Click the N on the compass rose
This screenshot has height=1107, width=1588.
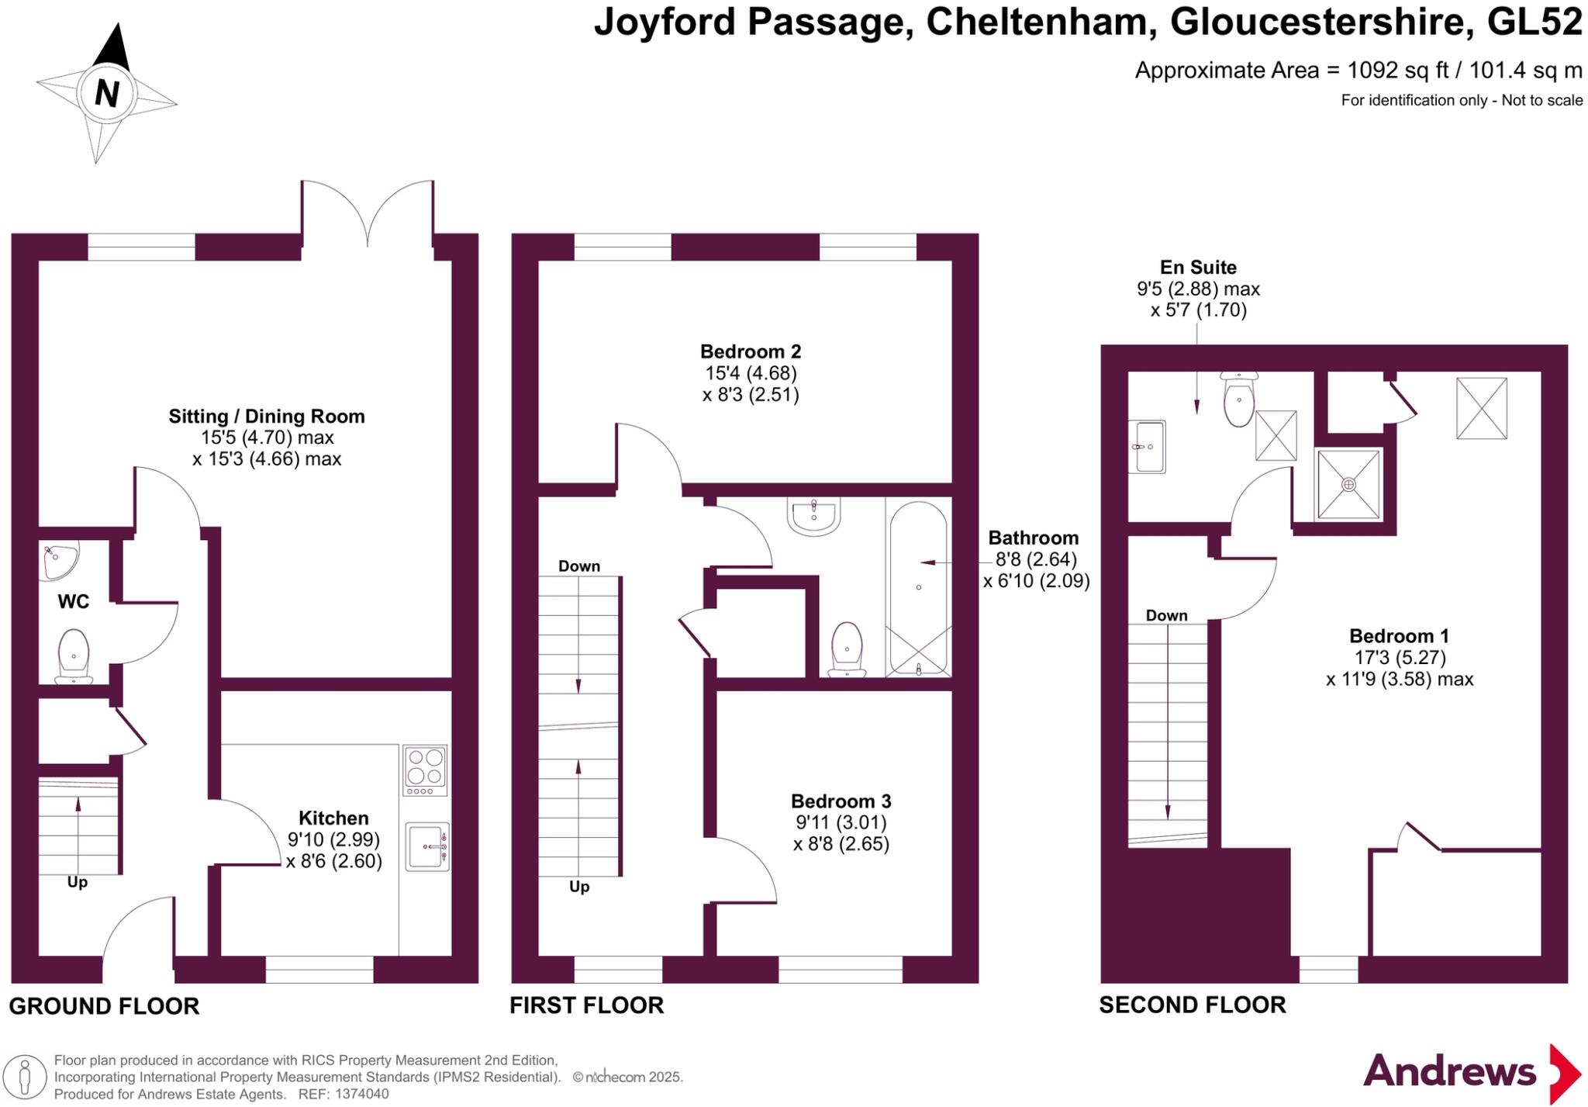107,94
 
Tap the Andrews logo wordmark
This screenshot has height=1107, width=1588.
1449,1071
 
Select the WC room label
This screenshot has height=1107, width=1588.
74,601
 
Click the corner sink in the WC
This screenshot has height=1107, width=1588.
59,561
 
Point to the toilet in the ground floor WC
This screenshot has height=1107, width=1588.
74,656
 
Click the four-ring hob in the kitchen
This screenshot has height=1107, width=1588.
425,770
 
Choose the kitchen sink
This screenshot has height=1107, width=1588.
427,846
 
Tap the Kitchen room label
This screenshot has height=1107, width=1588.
333,818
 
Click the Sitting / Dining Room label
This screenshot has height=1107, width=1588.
267,417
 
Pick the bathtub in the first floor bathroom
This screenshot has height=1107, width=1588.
919,588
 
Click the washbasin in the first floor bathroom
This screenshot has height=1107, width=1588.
813,516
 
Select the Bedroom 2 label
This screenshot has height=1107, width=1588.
751,351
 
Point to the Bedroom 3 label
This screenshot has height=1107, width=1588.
841,801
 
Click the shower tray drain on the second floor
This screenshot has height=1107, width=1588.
1349,484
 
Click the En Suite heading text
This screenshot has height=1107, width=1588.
1198,268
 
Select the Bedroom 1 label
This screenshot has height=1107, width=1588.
1399,636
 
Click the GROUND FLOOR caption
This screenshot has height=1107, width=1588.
104,1006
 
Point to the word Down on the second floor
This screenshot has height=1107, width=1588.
1167,615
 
